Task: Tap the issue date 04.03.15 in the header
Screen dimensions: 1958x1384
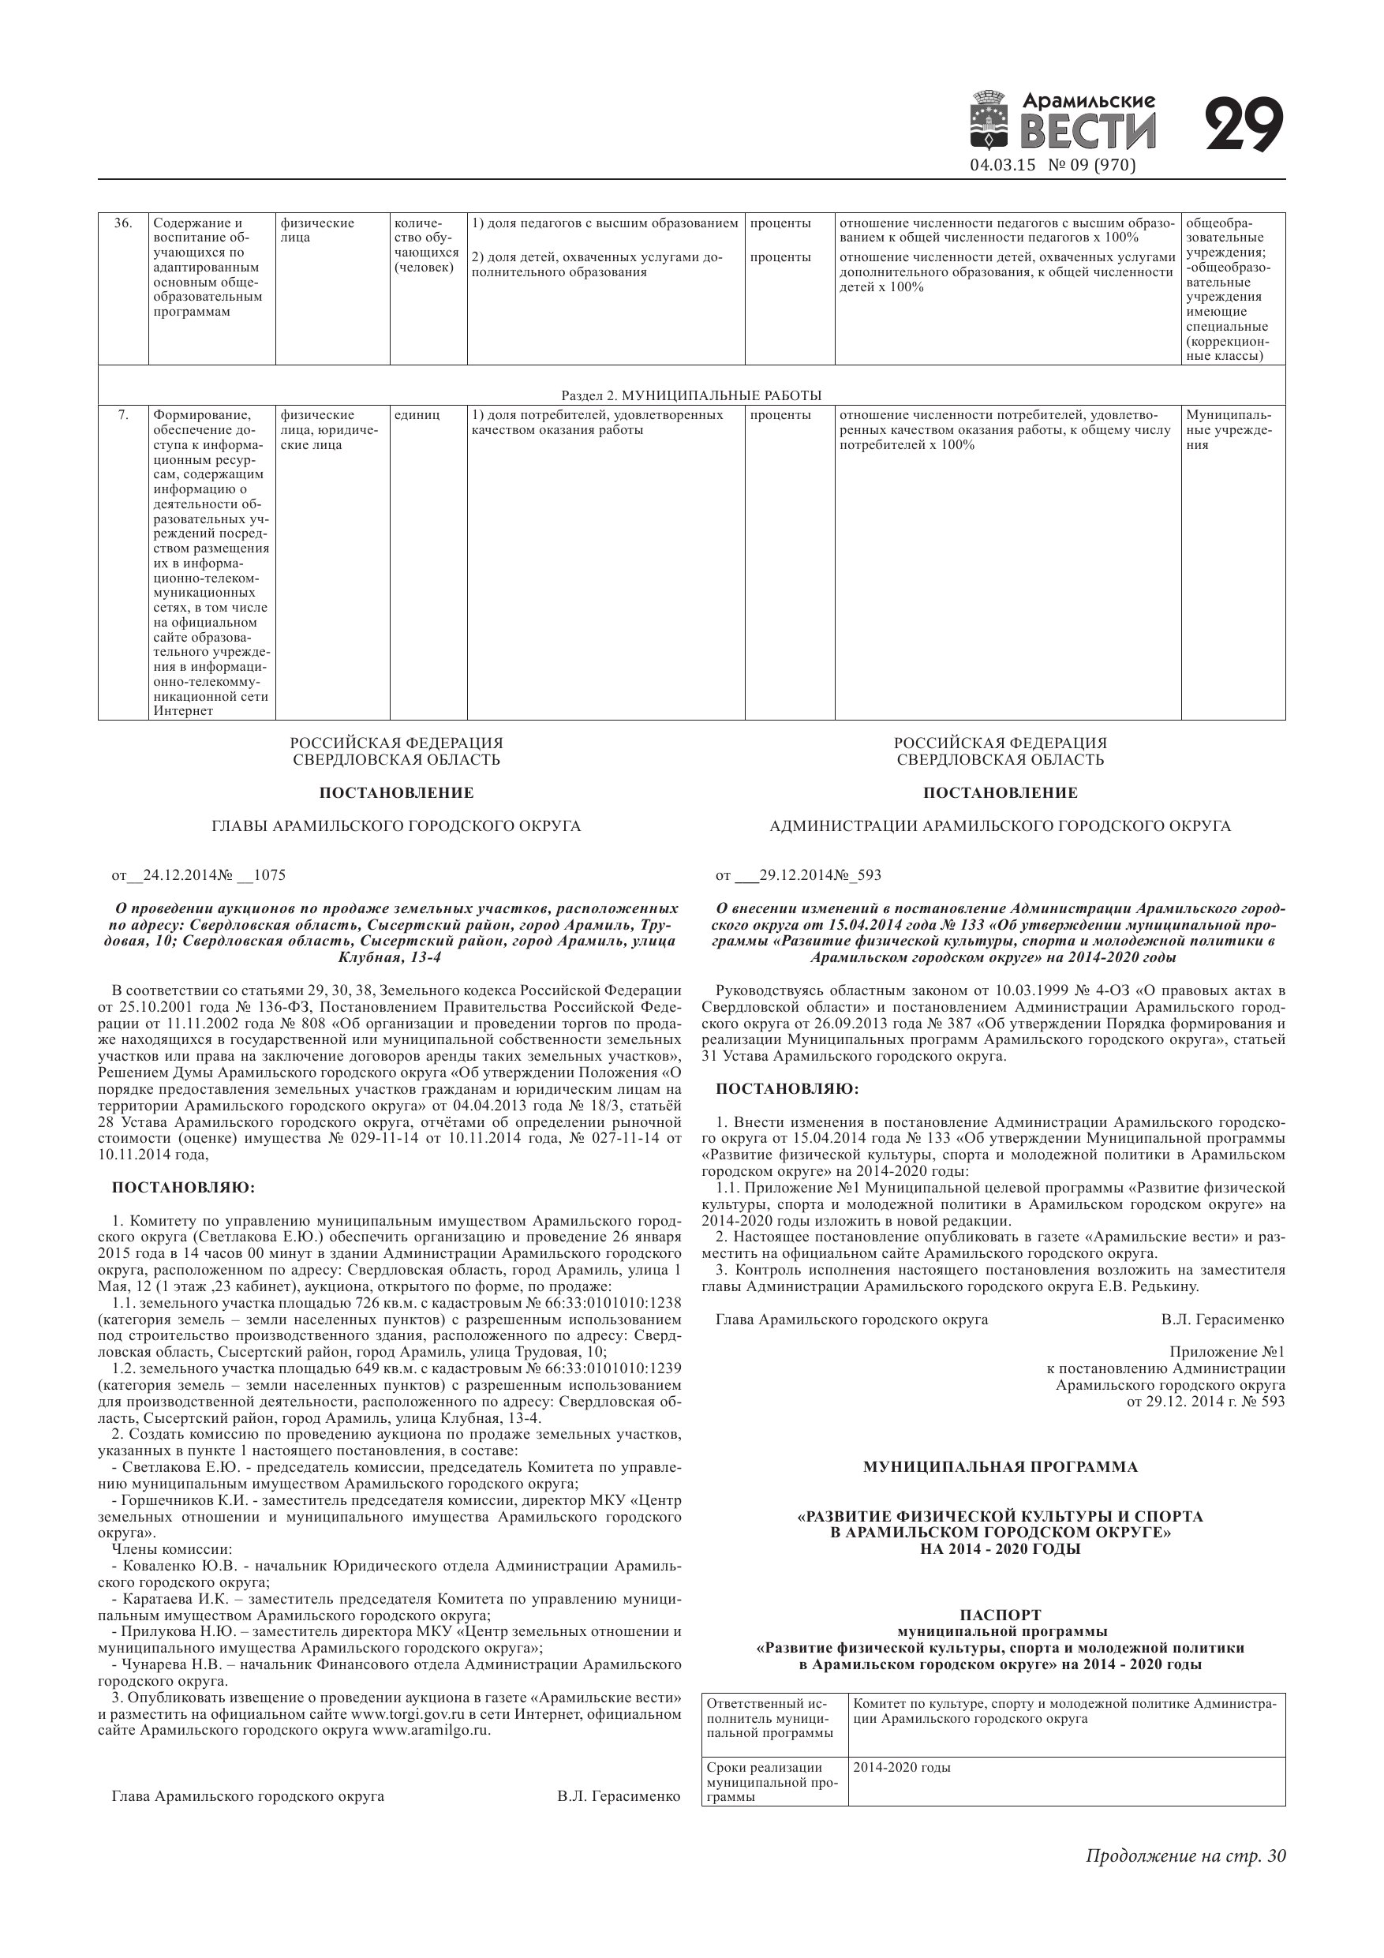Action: [1003, 166]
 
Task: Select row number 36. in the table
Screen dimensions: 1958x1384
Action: [123, 223]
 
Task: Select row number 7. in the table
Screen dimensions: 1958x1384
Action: [123, 415]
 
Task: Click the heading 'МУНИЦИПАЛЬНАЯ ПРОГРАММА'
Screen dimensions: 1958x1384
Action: [1001, 1467]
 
